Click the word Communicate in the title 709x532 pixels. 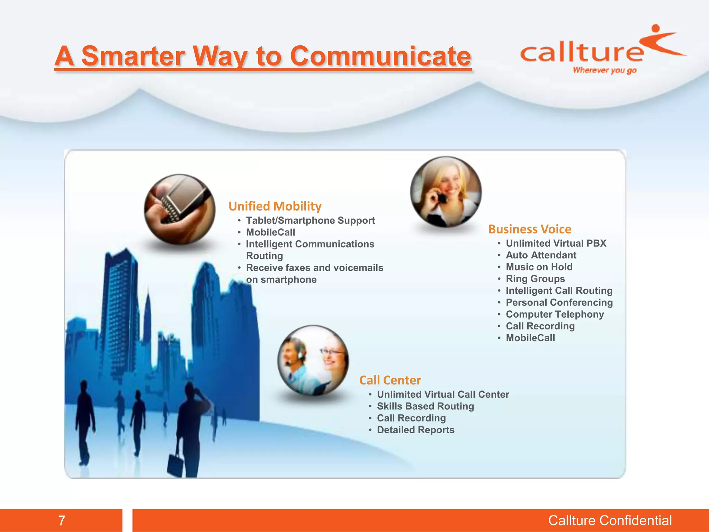point(380,56)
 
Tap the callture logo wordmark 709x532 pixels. point(582,53)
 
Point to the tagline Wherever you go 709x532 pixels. point(604,70)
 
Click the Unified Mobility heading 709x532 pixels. point(275,206)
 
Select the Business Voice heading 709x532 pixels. point(530,229)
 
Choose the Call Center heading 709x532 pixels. point(390,380)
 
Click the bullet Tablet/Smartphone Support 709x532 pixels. point(310,221)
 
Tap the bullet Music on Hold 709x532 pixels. point(539,267)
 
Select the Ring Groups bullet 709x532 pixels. point(535,279)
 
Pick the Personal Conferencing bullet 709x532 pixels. point(559,302)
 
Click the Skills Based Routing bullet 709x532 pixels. point(425,406)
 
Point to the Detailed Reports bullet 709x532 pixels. point(415,430)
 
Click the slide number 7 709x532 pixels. point(62,520)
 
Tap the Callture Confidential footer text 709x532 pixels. point(610,520)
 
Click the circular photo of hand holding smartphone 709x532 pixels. point(180,209)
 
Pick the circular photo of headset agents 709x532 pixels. point(313,361)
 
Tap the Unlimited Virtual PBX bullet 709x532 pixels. point(556,243)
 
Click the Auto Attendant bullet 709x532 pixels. point(541,255)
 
